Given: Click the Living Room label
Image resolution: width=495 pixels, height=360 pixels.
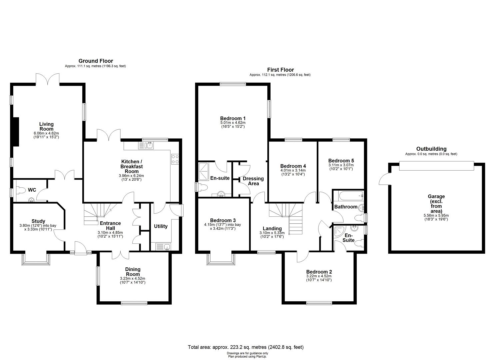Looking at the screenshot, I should pyautogui.click(x=46, y=126).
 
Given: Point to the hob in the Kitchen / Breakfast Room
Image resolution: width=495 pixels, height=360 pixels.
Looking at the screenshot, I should pyautogui.click(x=175, y=159).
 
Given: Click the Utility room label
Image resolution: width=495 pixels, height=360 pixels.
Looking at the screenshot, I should pyautogui.click(x=161, y=226).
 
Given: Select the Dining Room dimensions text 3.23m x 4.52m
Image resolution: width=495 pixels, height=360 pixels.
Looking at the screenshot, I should pyautogui.click(x=133, y=278).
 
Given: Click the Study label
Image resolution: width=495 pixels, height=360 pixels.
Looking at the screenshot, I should pyautogui.click(x=38, y=221).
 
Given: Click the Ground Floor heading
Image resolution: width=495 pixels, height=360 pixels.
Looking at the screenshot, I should pyautogui.click(x=96, y=61).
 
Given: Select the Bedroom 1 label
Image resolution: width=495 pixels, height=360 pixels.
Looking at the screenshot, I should pyautogui.click(x=233, y=118).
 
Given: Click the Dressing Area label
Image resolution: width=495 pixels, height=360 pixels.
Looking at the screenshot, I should pyautogui.click(x=253, y=181).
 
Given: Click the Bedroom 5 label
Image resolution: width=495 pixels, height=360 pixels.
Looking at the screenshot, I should pyautogui.click(x=341, y=160).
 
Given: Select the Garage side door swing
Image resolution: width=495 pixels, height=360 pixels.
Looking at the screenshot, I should pyautogui.click(x=384, y=179).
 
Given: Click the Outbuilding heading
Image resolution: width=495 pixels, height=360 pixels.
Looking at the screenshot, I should pyautogui.click(x=431, y=149).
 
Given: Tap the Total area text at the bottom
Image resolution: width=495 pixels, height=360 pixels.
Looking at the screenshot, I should pyautogui.click(x=246, y=347).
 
